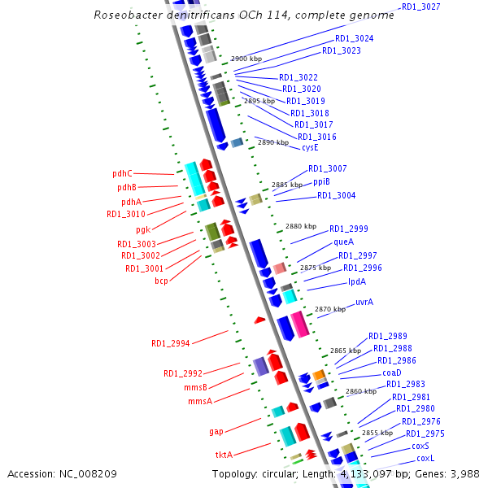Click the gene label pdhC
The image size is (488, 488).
point(122,173)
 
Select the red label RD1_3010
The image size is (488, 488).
point(126,214)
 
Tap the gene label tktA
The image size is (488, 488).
point(224,455)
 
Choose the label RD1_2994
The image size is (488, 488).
point(170,343)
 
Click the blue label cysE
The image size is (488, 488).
point(310,148)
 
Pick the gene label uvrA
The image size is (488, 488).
point(364,302)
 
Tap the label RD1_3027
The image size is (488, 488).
point(420,7)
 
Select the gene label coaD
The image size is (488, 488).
point(392,372)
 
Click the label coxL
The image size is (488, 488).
point(426,458)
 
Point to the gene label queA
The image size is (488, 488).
point(343,242)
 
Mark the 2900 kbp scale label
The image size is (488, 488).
point(246,59)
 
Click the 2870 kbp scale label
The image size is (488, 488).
point(330,309)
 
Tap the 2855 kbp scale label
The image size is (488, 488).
point(377,433)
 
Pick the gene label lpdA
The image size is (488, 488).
point(357,281)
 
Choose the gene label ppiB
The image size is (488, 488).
point(321,181)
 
